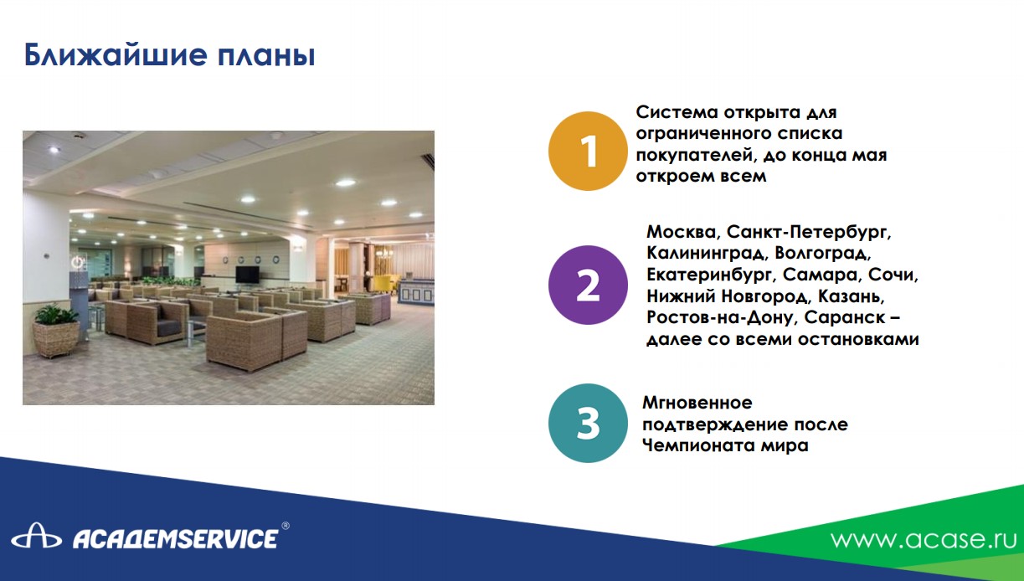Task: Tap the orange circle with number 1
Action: coord(588,151)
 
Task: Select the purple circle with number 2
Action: coord(588,285)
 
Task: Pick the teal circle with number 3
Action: coord(588,423)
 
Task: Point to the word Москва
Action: coord(683,232)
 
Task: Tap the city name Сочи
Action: coord(893,275)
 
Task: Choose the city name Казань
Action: coord(851,296)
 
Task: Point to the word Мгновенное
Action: coord(697,403)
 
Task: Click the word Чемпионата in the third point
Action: coord(697,445)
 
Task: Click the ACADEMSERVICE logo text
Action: coord(176,538)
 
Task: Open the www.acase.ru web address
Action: coord(924,539)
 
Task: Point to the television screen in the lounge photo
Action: coord(247,275)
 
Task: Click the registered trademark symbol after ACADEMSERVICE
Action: coord(286,526)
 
